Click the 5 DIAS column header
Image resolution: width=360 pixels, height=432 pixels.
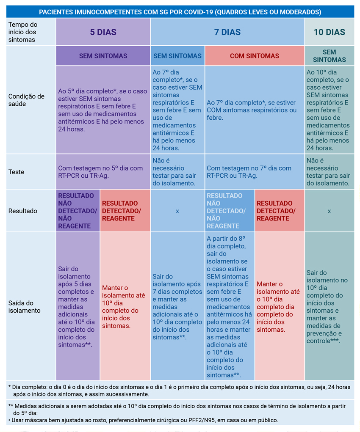[x=103, y=32]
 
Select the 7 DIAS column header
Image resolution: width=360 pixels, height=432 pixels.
[x=227, y=32]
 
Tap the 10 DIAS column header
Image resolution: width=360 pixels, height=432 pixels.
[x=329, y=32]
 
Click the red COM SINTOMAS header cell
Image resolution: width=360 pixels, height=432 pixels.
[x=255, y=56]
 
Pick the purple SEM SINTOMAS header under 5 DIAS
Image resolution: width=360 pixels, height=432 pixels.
[x=103, y=56]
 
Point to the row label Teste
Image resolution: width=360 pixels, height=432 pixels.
[x=17, y=172]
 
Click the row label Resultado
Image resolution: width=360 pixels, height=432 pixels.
[x=23, y=211]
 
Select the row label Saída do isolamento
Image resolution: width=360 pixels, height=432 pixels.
[x=25, y=307]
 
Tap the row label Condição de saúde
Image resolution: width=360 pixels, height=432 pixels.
[x=26, y=100]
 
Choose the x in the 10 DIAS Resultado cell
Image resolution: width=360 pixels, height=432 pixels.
[x=329, y=211]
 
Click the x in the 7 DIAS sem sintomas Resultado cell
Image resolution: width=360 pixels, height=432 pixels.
[x=177, y=211]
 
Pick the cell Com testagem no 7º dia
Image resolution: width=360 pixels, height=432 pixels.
[x=249, y=172]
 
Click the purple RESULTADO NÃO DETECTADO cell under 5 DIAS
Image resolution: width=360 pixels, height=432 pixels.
[x=78, y=211]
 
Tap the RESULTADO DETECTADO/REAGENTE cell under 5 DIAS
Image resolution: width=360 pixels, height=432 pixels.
[x=125, y=211]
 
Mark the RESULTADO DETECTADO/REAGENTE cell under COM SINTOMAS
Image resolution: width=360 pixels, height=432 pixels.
[x=279, y=211]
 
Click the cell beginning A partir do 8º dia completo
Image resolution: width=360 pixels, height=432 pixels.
[x=229, y=307]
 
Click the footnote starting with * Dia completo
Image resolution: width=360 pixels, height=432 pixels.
[x=180, y=390]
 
